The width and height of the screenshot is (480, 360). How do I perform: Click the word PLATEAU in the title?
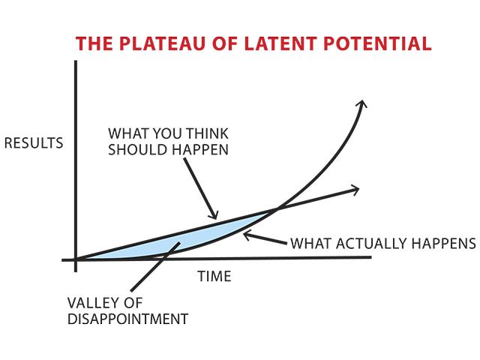click(152, 43)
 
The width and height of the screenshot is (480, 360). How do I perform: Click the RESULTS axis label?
click(34, 142)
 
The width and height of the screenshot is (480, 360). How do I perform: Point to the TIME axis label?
click(214, 277)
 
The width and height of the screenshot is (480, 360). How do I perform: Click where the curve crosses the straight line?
click(274, 207)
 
